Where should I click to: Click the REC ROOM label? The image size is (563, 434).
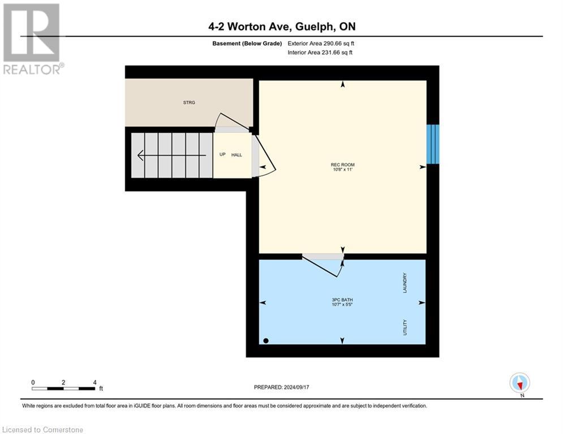pyautogui.click(x=343, y=165)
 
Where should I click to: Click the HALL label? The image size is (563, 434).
pyautogui.click(x=237, y=155)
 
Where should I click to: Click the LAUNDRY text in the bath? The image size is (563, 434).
pyautogui.click(x=405, y=282)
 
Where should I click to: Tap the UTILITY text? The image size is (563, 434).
pyautogui.click(x=405, y=327)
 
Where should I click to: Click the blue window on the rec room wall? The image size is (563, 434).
pyautogui.click(x=432, y=144)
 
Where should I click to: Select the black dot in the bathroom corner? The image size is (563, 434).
pyautogui.click(x=266, y=340)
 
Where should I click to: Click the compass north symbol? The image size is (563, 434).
pyautogui.click(x=519, y=383)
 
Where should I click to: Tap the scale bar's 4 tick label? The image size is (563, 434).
pyautogui.click(x=94, y=382)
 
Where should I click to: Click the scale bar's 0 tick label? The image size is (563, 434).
pyautogui.click(x=33, y=382)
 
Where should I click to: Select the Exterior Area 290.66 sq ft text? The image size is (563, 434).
pyautogui.click(x=321, y=44)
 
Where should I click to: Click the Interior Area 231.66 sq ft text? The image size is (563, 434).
pyautogui.click(x=321, y=53)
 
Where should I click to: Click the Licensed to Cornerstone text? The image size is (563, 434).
pyautogui.click(x=42, y=429)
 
